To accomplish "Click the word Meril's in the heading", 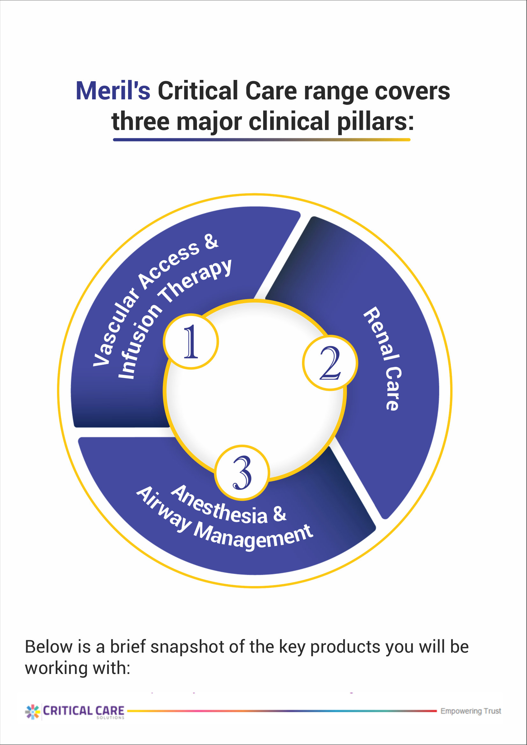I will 113,91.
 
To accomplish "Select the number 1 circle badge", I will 191,341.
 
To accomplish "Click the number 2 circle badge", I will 330,363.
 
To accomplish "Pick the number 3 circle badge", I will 242,472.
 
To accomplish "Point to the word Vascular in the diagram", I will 115,328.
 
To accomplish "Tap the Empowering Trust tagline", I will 471,711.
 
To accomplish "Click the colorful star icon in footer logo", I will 32,712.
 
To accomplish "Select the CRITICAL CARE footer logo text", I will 84,711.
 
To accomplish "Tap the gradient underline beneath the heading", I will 262,140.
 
